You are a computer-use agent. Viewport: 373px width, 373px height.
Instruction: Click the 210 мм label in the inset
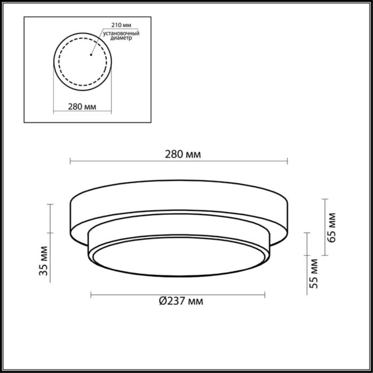tap(119, 25)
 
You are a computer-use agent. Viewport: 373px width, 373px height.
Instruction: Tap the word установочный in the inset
tap(121, 33)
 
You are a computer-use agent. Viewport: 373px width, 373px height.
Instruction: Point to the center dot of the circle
tap(91, 55)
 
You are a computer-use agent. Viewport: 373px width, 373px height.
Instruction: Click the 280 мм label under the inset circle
tap(82, 107)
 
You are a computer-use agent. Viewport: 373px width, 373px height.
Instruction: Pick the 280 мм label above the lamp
tap(182, 154)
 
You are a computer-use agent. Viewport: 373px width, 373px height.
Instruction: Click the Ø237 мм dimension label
tap(181, 301)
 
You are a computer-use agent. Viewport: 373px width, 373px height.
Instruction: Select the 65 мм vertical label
tap(332, 227)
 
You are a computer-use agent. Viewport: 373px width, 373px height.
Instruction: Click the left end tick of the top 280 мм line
tap(70, 161)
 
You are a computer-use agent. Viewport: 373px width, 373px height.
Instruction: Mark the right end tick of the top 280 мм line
tap(287, 161)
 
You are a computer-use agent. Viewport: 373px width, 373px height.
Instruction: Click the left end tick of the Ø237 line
tap(91, 295)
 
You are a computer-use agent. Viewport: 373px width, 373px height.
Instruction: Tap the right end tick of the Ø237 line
tap(265, 295)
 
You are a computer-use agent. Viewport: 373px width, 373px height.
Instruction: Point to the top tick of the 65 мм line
tap(325, 199)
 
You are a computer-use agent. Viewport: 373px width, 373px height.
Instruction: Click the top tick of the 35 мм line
tap(50, 204)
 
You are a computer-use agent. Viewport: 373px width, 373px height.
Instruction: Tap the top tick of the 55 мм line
tap(307, 233)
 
